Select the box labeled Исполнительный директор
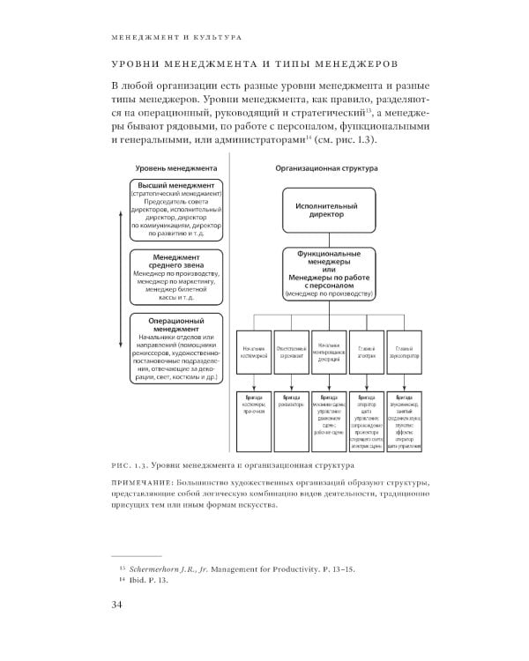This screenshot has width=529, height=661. pyautogui.click(x=331, y=207)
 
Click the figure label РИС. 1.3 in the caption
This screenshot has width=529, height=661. pyautogui.click(x=133, y=464)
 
